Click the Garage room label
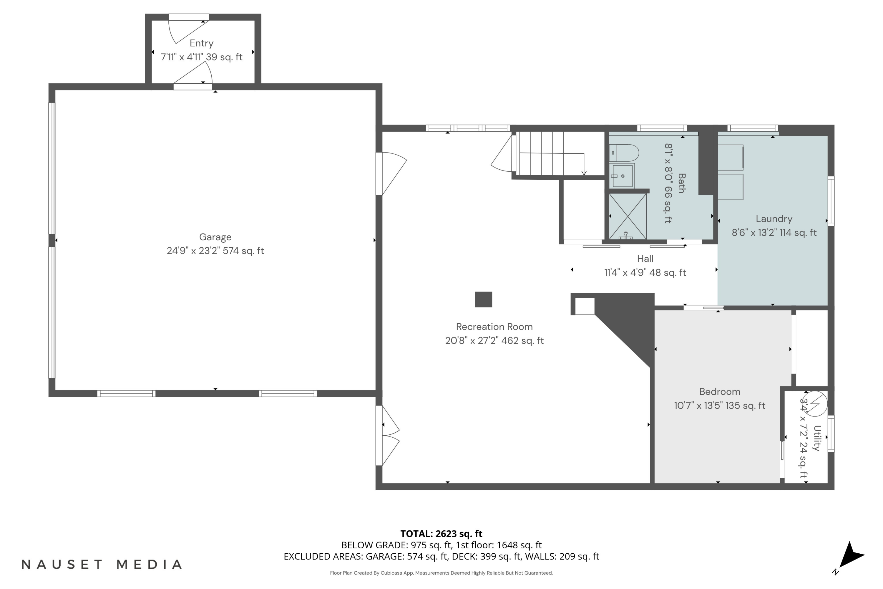tap(215, 237)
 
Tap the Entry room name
tap(201, 43)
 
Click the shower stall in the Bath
tap(627, 216)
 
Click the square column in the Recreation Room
tap(483, 300)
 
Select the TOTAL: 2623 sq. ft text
tap(441, 533)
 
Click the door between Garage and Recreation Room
tap(391, 173)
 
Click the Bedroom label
tap(719, 391)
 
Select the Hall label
tap(645, 259)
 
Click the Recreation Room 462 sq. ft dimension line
tap(494, 340)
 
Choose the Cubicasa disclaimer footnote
tap(441, 573)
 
